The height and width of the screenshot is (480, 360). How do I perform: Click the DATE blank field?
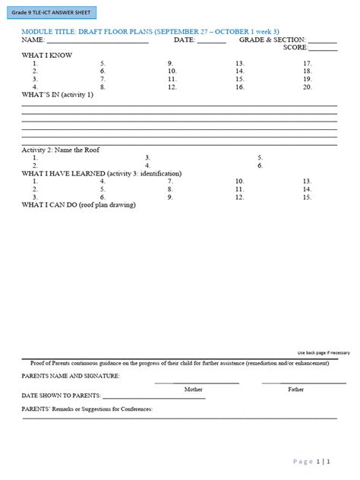pyautogui.click(x=212, y=43)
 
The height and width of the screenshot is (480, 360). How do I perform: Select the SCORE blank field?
pyautogui.click(x=323, y=50)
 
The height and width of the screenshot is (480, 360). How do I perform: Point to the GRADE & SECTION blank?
pyautogui.click(x=323, y=43)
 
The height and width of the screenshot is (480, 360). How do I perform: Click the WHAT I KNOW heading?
pyautogui.click(x=47, y=55)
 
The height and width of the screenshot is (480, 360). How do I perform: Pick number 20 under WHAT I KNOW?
pyautogui.click(x=307, y=87)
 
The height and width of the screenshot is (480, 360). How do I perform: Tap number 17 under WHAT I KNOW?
pyautogui.click(x=307, y=64)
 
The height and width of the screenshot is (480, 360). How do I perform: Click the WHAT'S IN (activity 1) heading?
pyautogui.click(x=58, y=96)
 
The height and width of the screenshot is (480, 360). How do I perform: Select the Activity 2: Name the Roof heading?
pyautogui.click(x=60, y=150)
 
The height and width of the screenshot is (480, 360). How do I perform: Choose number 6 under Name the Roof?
pyautogui.click(x=260, y=166)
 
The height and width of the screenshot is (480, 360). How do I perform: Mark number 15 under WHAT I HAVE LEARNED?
pyautogui.click(x=307, y=197)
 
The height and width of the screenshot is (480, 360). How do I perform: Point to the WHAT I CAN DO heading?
pyautogui.click(x=78, y=205)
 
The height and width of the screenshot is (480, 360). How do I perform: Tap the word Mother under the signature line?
pyautogui.click(x=194, y=390)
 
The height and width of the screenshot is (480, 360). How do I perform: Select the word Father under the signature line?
pyautogui.click(x=296, y=390)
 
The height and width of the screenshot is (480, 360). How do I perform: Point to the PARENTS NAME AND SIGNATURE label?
pyautogui.click(x=70, y=376)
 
